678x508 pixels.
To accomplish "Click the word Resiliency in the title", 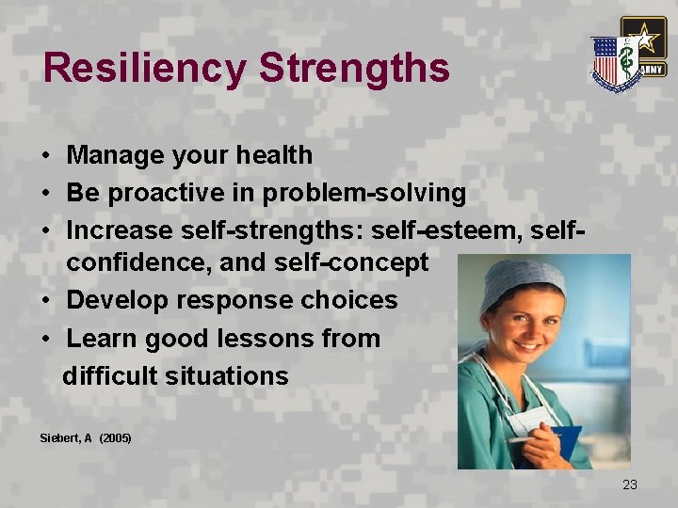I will coord(144,69).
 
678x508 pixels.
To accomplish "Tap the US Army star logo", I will coord(643,43).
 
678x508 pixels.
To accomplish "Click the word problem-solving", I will coord(364,193).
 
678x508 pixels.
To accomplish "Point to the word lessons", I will coord(262,338).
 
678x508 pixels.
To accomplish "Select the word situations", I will coord(226,375).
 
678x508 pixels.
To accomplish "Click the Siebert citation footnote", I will coord(86,438).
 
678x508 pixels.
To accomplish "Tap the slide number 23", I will coord(629,484).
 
